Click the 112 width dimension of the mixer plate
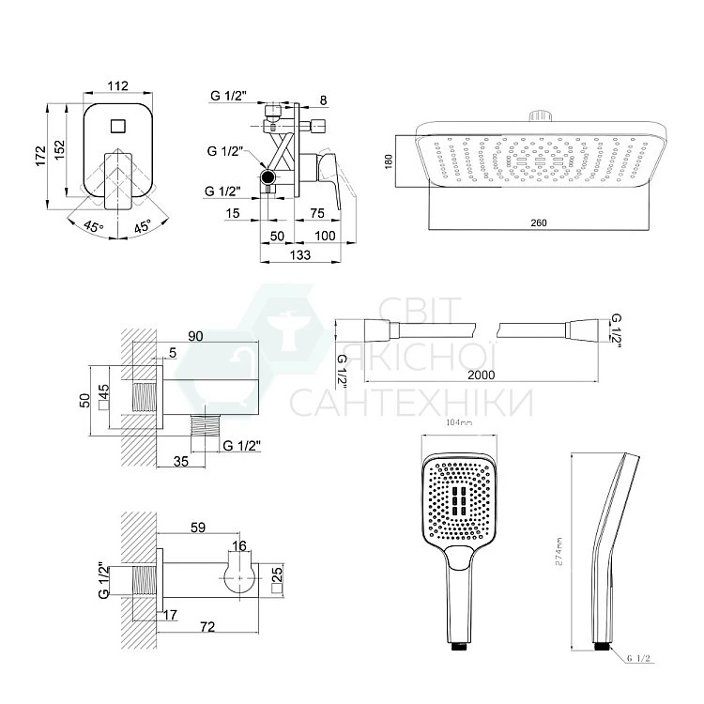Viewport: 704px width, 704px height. pyautogui.click(x=117, y=85)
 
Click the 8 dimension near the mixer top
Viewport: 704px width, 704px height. pyautogui.click(x=323, y=99)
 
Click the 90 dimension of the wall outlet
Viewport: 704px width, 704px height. pyautogui.click(x=196, y=335)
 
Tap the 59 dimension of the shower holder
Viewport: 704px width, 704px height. pyautogui.click(x=198, y=528)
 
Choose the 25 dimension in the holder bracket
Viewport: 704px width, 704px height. pyautogui.click(x=276, y=575)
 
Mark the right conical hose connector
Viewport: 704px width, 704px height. pyautogui.click(x=584, y=329)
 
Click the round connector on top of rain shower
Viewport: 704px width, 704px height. pyautogui.click(x=538, y=117)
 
